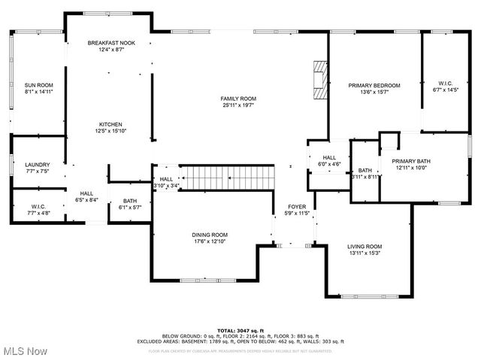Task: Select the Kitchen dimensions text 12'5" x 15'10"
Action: tap(110, 132)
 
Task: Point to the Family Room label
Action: tap(238, 99)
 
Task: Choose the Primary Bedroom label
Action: tap(374, 86)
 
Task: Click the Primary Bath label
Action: tap(411, 161)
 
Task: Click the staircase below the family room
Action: tap(229, 178)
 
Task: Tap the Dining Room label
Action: tap(209, 235)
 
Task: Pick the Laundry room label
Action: tap(37, 165)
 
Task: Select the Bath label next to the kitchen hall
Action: tap(129, 201)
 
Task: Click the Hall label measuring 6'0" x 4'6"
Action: tap(329, 156)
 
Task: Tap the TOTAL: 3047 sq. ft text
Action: tap(240, 330)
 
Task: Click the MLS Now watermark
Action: tap(26, 351)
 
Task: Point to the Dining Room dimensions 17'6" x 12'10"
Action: tap(209, 242)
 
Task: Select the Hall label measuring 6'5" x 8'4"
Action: tap(87, 193)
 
